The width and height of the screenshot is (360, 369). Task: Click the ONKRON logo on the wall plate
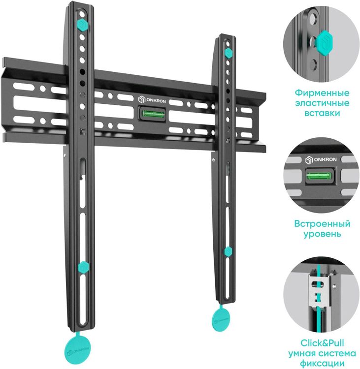152,100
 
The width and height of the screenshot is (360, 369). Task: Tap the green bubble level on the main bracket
153,114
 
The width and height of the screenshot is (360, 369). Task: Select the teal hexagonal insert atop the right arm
228,53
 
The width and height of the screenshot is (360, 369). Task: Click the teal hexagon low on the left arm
83,267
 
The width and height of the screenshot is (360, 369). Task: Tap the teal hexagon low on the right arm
228,252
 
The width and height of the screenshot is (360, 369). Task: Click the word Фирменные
322,92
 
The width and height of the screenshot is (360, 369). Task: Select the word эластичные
322,103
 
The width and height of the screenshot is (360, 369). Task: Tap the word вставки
322,113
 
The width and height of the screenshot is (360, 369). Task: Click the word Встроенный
322,223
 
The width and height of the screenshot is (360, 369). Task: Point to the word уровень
322,234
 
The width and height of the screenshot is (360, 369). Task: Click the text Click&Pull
322,343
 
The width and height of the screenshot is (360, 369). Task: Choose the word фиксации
322,363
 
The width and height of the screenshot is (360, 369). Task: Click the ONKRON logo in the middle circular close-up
321,160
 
